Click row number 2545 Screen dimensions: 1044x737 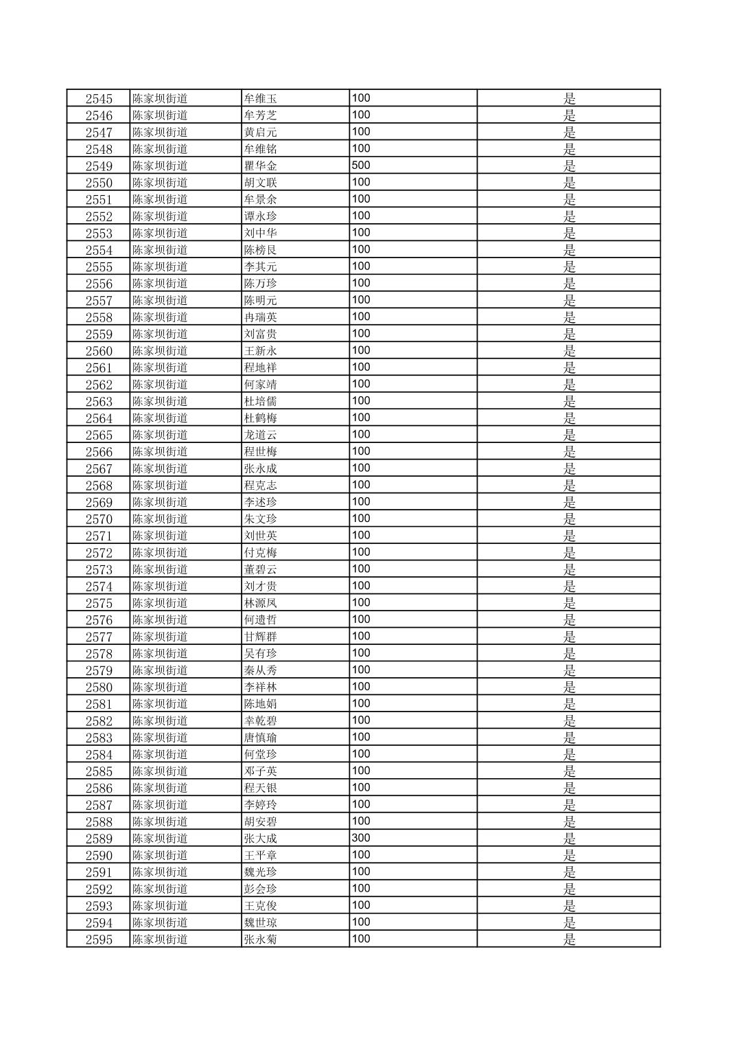click(99, 99)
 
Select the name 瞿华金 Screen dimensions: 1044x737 click(261, 166)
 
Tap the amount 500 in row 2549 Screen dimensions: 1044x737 click(361, 166)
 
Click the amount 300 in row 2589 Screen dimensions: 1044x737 click(361, 838)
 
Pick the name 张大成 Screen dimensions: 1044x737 click(261, 839)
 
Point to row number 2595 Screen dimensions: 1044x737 click(99, 940)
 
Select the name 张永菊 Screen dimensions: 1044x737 click(261, 940)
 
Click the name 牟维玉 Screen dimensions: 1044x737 click(261, 99)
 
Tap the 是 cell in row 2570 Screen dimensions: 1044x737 click(570, 519)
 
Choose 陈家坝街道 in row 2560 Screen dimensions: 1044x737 click(160, 351)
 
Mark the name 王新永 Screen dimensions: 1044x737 click(261, 351)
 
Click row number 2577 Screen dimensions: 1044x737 click(99, 637)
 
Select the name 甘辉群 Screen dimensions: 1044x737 click(261, 637)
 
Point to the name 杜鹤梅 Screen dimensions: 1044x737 click(261, 418)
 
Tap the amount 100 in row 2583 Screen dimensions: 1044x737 click(361, 737)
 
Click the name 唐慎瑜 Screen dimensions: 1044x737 click(261, 738)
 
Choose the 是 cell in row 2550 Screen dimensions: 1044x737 click(570, 183)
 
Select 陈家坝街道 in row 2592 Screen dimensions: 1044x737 click(160, 889)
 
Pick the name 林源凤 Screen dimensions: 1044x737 click(261, 603)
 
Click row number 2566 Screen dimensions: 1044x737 click(99, 452)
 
